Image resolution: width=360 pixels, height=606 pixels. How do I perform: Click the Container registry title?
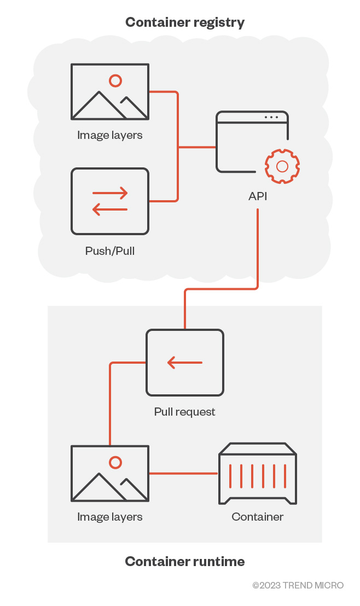click(185, 22)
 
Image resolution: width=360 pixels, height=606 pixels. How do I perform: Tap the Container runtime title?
click(185, 561)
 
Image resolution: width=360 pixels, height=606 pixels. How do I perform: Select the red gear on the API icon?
click(282, 166)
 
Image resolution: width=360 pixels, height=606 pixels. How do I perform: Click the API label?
click(258, 196)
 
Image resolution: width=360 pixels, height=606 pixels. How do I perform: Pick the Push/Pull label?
click(110, 251)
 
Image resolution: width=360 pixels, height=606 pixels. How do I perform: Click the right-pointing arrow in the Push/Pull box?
click(110, 193)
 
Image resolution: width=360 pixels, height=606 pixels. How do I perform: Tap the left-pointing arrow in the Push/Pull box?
click(110, 209)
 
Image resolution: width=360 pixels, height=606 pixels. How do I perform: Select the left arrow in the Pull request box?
click(185, 362)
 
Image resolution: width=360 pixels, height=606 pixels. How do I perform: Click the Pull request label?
click(185, 411)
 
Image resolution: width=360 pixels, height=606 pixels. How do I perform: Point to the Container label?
click(258, 517)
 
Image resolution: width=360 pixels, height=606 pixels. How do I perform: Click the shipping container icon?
click(258, 474)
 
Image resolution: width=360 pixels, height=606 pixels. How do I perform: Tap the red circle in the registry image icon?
click(115, 81)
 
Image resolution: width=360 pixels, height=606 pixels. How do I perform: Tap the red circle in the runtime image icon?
click(115, 463)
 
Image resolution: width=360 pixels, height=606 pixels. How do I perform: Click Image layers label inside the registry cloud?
click(110, 135)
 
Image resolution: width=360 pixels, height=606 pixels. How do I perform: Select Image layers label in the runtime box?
click(110, 517)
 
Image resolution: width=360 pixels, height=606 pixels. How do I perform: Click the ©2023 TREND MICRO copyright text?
click(298, 585)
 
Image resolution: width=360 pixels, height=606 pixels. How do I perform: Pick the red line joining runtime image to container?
click(183, 474)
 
